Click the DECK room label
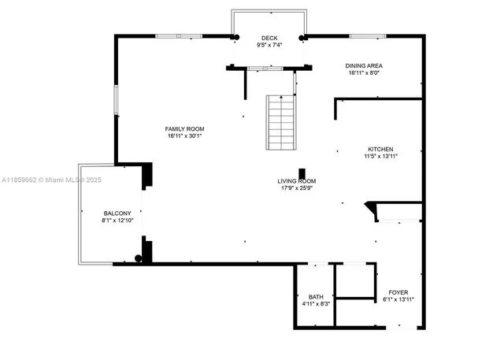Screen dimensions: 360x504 (269, 38)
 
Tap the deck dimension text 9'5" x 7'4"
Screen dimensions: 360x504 (269, 45)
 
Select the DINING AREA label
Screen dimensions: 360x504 (364, 65)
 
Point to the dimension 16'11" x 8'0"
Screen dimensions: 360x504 (364, 72)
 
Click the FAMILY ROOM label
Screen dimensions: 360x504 (184, 128)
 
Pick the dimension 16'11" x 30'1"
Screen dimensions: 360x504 (184, 135)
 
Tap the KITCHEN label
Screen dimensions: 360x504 (380, 149)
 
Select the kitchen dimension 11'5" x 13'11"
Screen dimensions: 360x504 (380, 156)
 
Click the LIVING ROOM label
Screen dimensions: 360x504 (297, 181)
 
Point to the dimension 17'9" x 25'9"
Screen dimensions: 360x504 (297, 188)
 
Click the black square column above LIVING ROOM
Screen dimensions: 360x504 (302, 173)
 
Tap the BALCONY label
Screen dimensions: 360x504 (118, 213)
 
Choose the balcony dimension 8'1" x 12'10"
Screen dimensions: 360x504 (118, 221)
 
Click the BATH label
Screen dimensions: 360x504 (315, 296)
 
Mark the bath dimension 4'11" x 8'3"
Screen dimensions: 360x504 (315, 303)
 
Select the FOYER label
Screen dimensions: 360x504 (398, 292)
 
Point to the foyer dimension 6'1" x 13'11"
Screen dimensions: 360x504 (398, 299)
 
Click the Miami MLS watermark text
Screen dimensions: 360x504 (51, 180)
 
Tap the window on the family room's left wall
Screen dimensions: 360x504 (117, 100)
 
